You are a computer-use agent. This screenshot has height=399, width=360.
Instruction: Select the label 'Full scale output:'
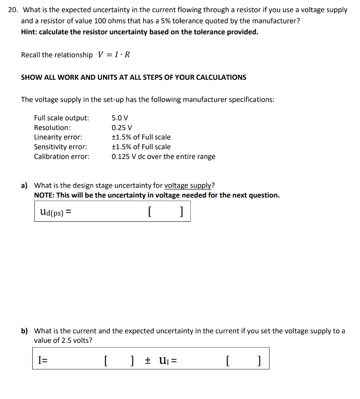tap(61, 118)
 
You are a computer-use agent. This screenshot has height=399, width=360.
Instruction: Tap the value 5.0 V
tap(120, 118)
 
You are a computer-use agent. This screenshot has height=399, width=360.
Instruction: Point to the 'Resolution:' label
tap(52, 127)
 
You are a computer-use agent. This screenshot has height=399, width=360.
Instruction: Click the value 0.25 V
tap(122, 127)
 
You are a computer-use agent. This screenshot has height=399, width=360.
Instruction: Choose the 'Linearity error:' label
tap(58, 137)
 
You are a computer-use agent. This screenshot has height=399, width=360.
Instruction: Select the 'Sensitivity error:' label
tap(60, 147)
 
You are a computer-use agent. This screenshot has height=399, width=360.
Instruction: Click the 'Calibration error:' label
tap(61, 157)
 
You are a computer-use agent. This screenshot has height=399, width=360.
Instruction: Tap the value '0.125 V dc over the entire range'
tap(163, 157)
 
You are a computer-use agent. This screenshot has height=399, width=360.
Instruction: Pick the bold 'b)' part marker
tap(25, 331)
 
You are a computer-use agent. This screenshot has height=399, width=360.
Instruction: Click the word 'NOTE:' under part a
tap(44, 195)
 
